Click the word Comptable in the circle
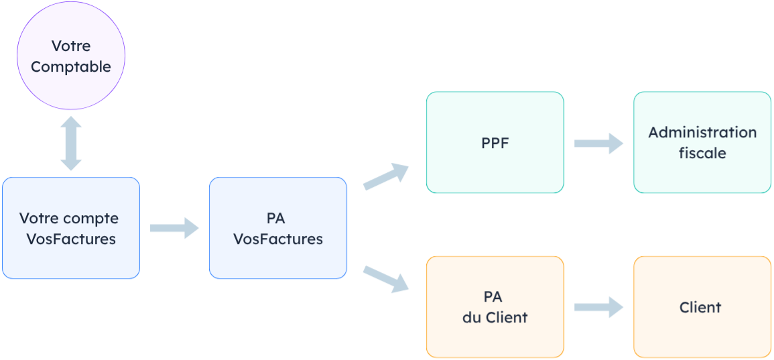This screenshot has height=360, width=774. point(70,67)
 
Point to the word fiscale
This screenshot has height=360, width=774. point(702,153)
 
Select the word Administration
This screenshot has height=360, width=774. point(702,132)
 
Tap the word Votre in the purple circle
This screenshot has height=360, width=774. point(70,46)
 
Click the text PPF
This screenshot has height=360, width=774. point(495,143)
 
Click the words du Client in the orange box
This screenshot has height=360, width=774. point(495,317)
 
